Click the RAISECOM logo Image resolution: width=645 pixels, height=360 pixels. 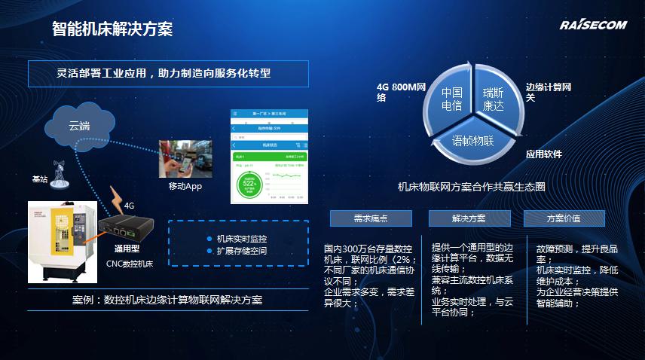click(593, 26)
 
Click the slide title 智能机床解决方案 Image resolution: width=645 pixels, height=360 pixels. click(112, 29)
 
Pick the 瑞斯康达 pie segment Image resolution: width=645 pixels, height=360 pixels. click(498, 99)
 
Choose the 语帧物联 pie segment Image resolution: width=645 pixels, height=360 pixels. click(472, 140)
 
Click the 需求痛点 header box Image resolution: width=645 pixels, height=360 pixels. click(371, 218)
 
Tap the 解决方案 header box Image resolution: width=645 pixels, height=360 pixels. click(469, 218)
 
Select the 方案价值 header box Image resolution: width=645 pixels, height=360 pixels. click(564, 218)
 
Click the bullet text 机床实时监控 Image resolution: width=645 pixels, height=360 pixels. click(241, 239)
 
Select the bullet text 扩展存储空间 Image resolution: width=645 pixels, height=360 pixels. click(241, 251)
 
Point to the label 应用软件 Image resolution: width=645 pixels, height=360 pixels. click(544, 154)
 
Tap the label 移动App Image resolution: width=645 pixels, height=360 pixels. click(185, 186)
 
